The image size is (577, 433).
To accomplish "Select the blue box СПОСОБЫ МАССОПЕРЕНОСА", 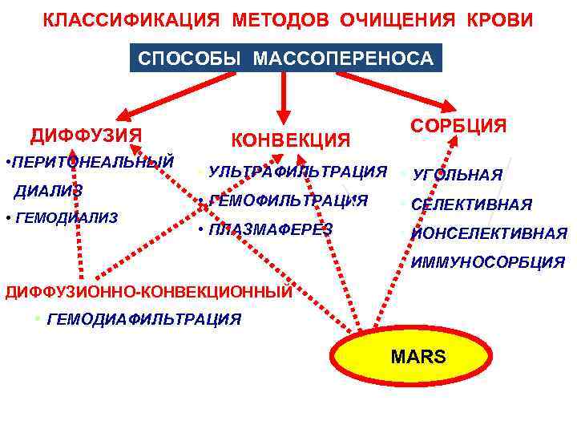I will tap(285, 59).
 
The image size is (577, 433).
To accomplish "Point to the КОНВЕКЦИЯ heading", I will tap(291, 140).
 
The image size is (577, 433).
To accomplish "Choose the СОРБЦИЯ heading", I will tap(458, 126).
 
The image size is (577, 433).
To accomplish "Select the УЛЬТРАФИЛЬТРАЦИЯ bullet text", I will tap(297, 172).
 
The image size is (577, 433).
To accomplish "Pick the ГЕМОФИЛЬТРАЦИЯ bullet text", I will tap(288, 200).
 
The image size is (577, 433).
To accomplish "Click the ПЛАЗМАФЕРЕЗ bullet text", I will tap(270, 229).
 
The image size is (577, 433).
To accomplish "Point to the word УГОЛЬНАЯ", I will tap(458, 175).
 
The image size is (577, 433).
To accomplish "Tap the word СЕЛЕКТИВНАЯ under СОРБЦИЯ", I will tap(471, 204).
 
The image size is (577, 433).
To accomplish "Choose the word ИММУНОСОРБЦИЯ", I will tap(488, 262).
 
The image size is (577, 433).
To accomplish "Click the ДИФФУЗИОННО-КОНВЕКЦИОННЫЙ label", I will tap(149, 291).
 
